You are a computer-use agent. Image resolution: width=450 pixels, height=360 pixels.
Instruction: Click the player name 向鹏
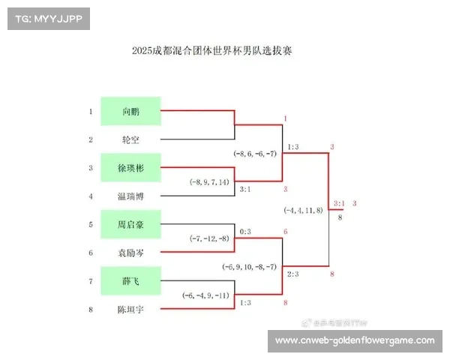point(130,111)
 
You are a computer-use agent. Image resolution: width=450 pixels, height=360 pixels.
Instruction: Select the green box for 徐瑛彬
point(130,167)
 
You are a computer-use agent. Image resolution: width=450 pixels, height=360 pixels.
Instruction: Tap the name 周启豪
point(130,224)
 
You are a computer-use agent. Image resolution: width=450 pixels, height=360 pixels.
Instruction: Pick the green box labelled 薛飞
point(130,281)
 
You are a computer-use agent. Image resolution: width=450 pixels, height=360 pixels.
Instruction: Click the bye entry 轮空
point(130,139)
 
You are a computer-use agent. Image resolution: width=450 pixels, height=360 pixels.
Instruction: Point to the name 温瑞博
point(130,196)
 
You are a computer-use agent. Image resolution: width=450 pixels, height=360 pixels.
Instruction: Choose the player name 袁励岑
point(130,253)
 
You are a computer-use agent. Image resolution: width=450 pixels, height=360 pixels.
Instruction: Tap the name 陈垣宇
point(130,309)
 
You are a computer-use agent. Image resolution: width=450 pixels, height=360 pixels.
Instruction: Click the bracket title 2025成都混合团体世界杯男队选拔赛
point(220,51)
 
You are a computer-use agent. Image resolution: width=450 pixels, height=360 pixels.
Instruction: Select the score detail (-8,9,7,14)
point(211,181)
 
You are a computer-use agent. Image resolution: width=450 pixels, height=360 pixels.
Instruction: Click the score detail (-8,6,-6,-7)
point(254,153)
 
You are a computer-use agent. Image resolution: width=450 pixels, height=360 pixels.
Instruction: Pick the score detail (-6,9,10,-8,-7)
point(250,266)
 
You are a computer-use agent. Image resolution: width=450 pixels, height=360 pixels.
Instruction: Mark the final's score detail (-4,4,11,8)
point(304,210)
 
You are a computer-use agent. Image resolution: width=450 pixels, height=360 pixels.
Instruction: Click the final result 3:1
point(339,203)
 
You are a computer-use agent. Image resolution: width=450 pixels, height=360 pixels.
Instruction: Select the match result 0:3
point(244,232)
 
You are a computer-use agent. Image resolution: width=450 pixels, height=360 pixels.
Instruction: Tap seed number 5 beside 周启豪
point(90,224)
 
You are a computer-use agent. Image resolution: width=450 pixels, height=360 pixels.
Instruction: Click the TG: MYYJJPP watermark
point(48,19)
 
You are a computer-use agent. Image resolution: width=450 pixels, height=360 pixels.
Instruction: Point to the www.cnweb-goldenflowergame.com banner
point(355,340)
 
